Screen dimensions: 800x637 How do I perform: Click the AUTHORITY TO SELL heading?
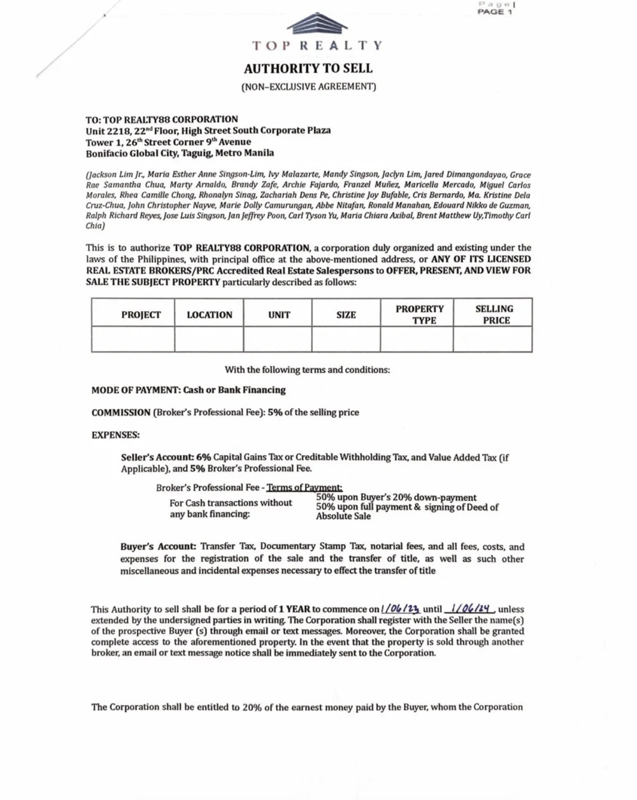click(x=308, y=69)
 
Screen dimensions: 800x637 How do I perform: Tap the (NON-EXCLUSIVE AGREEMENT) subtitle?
click(x=308, y=87)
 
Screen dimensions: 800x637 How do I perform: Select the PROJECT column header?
click(x=141, y=315)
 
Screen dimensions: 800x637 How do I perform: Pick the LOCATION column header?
click(x=210, y=315)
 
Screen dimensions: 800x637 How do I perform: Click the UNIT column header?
click(x=279, y=315)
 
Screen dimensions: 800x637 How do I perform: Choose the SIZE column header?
click(x=346, y=315)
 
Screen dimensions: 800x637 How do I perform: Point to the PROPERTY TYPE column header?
click(x=420, y=314)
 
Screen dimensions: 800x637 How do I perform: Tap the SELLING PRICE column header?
click(x=494, y=314)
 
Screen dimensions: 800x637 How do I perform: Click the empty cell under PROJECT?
click(x=133, y=339)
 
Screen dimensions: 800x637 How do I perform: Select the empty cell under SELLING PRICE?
click(x=492, y=339)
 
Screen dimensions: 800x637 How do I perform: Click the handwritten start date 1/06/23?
click(x=401, y=609)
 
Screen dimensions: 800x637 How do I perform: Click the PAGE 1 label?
click(x=495, y=12)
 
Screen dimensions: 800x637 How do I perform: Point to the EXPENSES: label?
click(x=115, y=435)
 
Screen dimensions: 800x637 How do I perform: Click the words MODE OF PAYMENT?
click(x=134, y=390)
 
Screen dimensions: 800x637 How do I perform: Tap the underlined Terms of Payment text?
click(x=304, y=488)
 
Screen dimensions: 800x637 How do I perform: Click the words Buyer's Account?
click(x=158, y=547)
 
